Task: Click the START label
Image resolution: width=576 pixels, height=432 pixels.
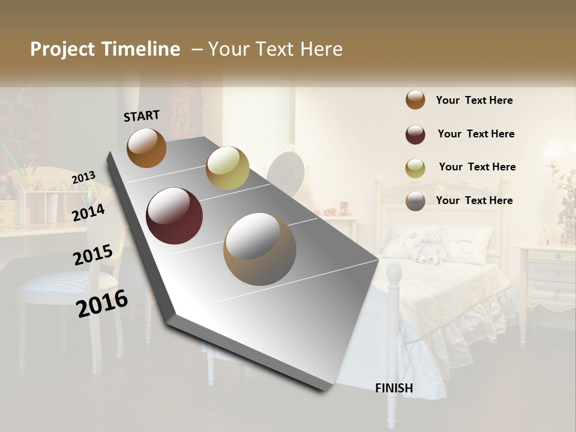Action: click(142, 116)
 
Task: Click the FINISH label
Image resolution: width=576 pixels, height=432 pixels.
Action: click(394, 388)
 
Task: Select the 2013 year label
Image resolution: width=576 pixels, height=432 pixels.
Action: click(84, 177)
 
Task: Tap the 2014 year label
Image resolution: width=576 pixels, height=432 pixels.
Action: click(89, 212)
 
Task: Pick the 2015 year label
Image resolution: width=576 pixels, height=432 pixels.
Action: click(93, 255)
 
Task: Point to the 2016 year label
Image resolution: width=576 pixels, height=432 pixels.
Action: click(102, 304)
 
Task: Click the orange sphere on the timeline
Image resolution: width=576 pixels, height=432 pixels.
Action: click(146, 148)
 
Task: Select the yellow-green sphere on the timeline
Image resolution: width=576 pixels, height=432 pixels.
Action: click(227, 168)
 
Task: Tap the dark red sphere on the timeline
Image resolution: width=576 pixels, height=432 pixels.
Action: click(175, 216)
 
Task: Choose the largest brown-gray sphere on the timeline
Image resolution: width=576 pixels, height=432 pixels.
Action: click(260, 250)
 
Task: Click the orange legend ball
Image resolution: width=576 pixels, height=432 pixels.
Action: click(415, 100)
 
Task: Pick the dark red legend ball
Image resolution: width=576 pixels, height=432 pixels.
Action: click(415, 134)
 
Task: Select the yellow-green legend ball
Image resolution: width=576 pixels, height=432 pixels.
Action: click(415, 168)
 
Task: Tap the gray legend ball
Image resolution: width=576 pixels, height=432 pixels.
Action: click(415, 201)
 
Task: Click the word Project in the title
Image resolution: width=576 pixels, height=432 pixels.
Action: click(62, 49)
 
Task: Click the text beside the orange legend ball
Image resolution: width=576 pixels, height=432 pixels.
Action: click(474, 101)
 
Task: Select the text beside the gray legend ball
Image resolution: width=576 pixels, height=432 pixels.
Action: click(474, 200)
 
